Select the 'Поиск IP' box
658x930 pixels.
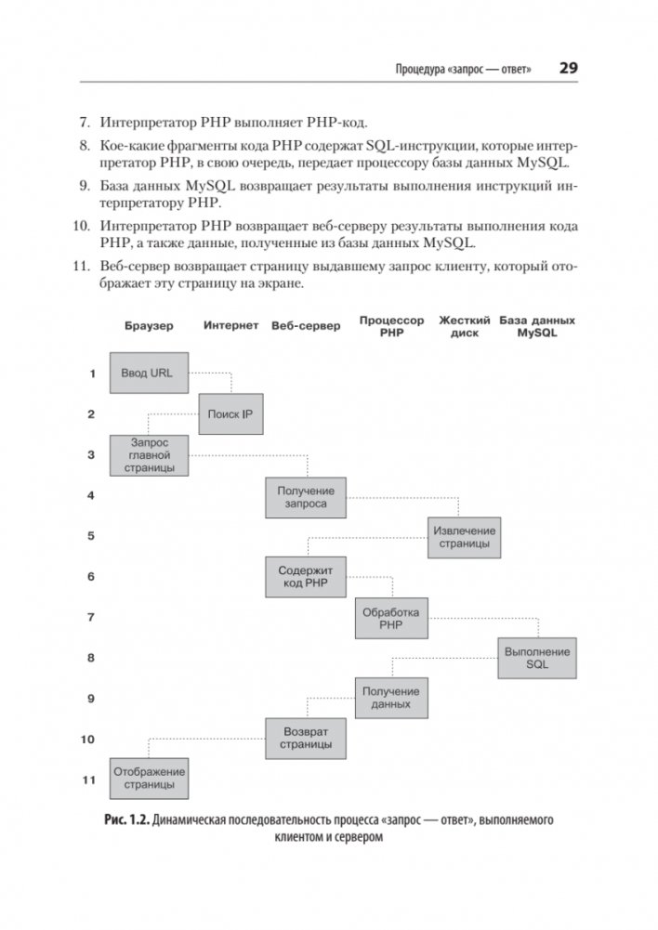coord(230,413)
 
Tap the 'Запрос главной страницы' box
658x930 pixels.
coord(149,456)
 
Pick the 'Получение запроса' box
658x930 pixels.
coord(305,496)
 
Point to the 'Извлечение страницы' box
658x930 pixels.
coord(464,537)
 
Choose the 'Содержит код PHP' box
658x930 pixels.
coord(305,576)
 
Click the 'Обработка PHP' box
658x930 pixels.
coord(390,618)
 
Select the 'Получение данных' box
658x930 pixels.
coord(390,698)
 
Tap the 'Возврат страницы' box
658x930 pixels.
coord(305,739)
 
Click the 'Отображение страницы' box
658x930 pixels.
coord(149,779)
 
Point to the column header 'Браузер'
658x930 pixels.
coord(149,327)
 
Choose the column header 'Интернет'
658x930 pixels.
coord(230,326)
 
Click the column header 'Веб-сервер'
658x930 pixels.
coord(307,327)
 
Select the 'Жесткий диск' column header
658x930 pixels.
coord(465,326)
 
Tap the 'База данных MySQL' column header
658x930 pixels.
coord(537,326)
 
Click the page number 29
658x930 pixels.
coord(568,69)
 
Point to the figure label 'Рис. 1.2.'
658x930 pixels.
coord(125,820)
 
